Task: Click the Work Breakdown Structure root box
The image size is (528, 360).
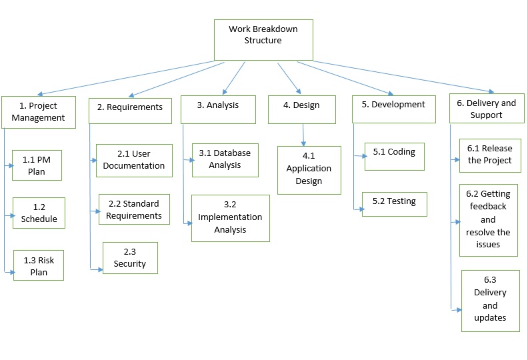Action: point(263,40)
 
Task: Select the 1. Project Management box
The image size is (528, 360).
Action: point(38,112)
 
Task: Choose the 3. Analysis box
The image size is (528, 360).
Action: point(218,109)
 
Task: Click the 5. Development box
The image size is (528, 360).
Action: point(393,109)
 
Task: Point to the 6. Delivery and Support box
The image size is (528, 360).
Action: point(486,109)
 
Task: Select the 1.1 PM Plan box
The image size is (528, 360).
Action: point(37,165)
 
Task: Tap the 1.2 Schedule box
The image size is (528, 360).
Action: point(39,213)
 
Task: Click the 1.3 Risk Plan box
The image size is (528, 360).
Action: point(39,265)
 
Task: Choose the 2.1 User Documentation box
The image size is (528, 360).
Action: point(134,160)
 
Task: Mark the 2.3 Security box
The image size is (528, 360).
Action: point(130,258)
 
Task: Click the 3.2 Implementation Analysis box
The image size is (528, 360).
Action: point(230,218)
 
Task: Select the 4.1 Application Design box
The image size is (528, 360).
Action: point(309,170)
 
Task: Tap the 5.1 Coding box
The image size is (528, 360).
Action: point(394,155)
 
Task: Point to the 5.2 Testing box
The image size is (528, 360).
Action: point(394,204)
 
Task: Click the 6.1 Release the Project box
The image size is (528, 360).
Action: point(489,155)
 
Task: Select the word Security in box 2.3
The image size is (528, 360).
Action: point(130,264)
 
